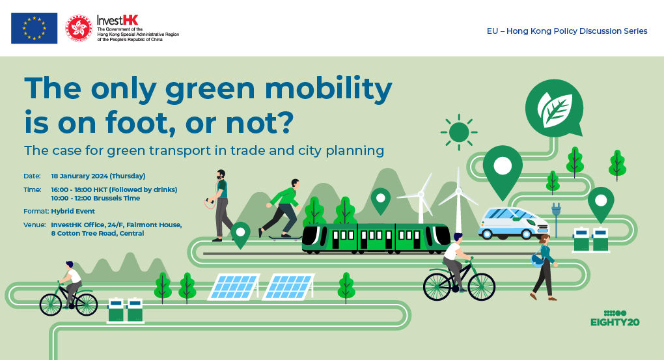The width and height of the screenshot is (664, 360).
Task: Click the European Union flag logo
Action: point(35,28)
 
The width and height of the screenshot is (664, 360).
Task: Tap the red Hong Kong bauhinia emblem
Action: point(79,29)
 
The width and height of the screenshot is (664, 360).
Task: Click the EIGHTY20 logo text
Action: point(615,322)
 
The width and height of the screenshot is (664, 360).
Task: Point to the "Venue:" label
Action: point(35,225)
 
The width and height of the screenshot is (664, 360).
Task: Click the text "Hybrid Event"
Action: point(73,211)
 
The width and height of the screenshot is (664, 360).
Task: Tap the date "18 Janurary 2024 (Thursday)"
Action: point(98,176)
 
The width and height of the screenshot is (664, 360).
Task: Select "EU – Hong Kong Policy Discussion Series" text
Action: point(567,31)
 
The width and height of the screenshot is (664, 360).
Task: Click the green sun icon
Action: point(459,132)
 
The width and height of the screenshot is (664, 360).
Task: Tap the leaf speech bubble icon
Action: point(555,109)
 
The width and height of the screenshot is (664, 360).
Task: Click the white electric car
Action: point(513,223)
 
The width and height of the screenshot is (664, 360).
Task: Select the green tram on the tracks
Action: point(376,238)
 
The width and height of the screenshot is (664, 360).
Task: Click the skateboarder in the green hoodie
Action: point(283,209)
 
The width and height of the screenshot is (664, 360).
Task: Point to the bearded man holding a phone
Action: point(219,206)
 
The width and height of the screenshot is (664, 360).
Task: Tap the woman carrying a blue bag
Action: point(544,268)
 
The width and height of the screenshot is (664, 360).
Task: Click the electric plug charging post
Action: point(556,219)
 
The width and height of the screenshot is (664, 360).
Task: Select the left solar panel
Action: point(234,286)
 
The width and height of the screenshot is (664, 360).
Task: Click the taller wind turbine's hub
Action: point(458,191)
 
